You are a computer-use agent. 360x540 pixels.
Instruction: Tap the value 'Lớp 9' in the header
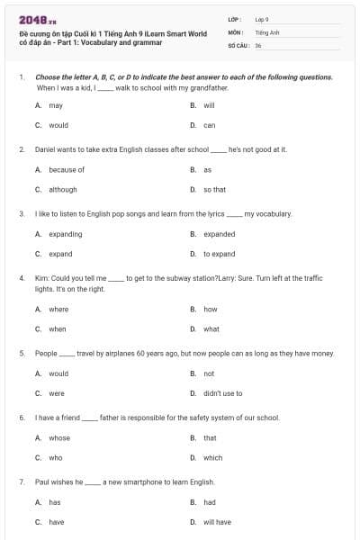[x=262, y=19]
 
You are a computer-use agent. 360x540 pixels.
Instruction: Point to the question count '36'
[x=258, y=44]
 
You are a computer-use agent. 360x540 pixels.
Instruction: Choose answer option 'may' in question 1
[x=56, y=105]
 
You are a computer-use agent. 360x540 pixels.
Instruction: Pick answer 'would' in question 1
[x=58, y=125]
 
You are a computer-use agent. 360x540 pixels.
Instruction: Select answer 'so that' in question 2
[x=214, y=190]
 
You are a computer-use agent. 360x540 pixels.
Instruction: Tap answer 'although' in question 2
[x=63, y=190]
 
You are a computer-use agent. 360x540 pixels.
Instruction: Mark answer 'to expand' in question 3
[x=219, y=254]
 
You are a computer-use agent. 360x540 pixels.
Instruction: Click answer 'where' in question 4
[x=58, y=309]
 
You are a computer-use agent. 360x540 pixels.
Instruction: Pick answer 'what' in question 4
[x=211, y=328]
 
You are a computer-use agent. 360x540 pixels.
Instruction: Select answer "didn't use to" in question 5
[x=222, y=393]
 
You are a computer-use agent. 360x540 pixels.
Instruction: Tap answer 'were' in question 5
[x=57, y=393]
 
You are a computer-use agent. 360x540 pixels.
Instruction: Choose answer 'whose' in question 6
[x=59, y=438]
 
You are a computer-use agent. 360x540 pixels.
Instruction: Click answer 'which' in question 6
[x=212, y=457]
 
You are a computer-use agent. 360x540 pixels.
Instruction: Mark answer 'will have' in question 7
[x=217, y=522]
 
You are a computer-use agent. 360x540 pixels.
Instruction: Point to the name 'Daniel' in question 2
[x=45, y=148]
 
